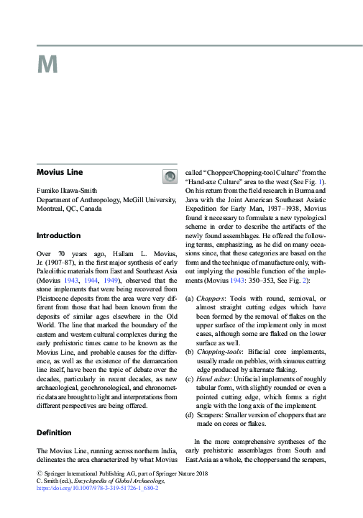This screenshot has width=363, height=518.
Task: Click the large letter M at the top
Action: (x=47, y=66)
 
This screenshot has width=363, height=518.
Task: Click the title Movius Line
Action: (x=60, y=173)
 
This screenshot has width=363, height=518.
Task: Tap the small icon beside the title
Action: (x=170, y=177)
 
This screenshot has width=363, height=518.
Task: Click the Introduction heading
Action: (x=59, y=236)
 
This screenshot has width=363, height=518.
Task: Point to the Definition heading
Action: (x=54, y=433)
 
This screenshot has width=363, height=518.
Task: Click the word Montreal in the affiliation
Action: (x=50, y=208)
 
